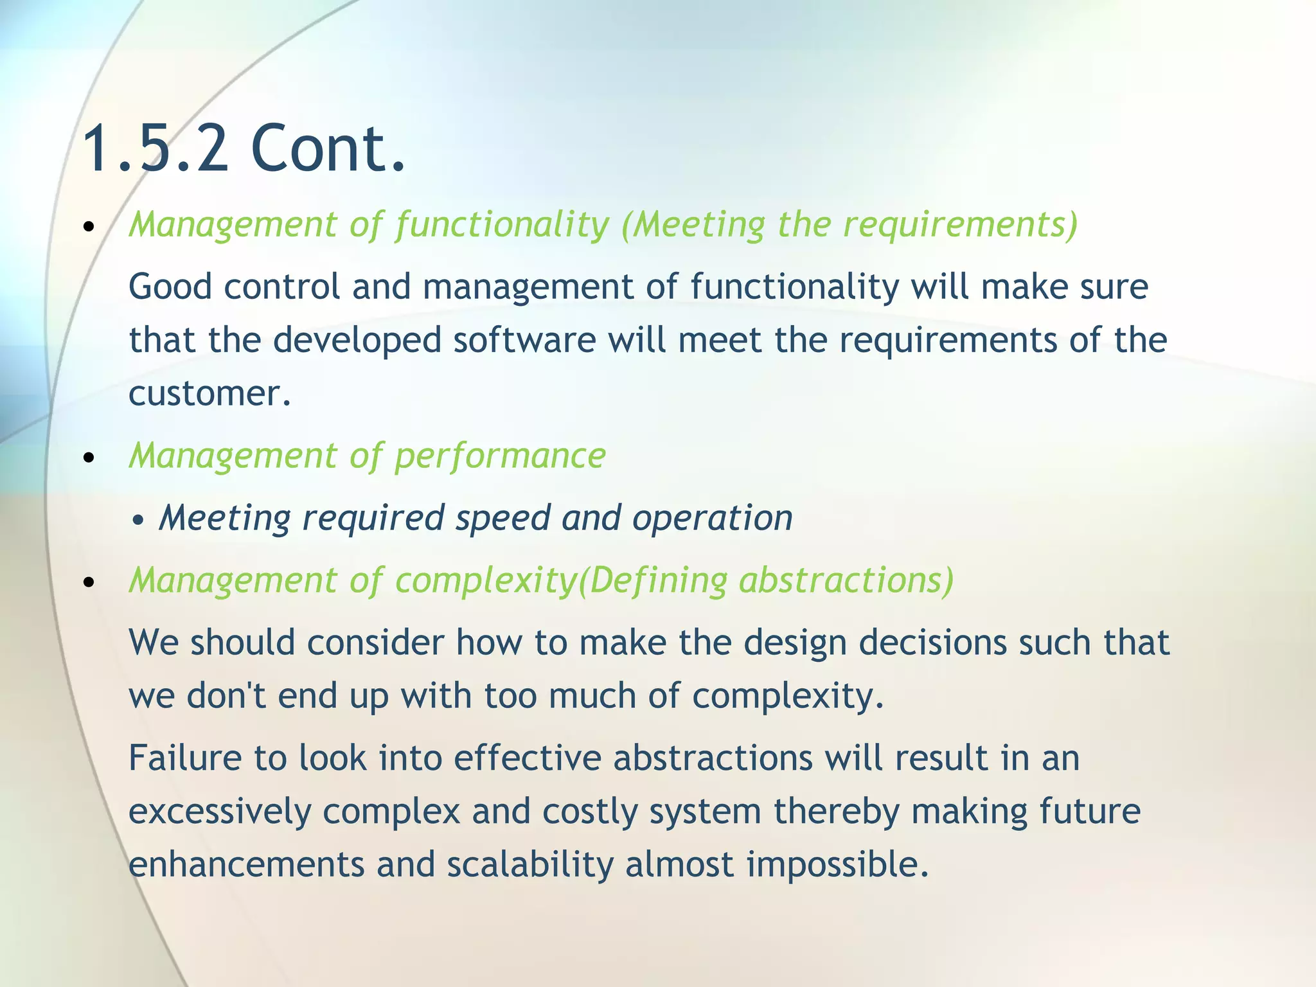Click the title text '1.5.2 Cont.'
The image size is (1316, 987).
(244, 149)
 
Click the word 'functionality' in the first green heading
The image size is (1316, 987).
(502, 225)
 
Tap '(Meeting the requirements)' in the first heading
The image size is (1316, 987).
(849, 225)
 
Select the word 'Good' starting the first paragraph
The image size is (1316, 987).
(170, 287)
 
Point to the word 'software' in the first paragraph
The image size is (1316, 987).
(524, 340)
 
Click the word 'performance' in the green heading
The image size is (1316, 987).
(500, 456)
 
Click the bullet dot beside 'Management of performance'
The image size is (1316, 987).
(89, 458)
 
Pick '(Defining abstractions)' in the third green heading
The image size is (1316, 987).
(765, 580)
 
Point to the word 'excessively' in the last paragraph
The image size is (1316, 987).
(219, 812)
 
